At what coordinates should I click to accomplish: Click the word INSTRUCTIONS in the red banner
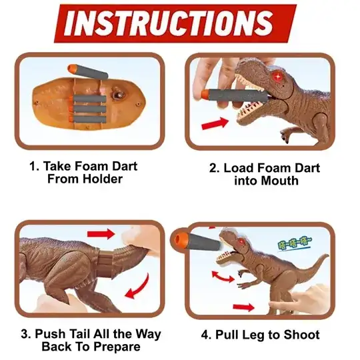point(169,23)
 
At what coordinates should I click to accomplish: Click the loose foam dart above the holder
point(88,71)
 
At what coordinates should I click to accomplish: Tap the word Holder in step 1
point(103,179)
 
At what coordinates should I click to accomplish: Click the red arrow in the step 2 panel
point(215,123)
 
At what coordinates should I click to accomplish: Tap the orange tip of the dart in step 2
point(204,94)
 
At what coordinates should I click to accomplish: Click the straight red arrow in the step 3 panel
point(101,234)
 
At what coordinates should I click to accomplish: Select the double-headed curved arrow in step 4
point(223,277)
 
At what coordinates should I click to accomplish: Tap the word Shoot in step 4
point(301,334)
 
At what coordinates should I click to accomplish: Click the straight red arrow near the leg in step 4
point(243,307)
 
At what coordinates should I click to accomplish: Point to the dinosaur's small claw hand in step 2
point(285,136)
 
